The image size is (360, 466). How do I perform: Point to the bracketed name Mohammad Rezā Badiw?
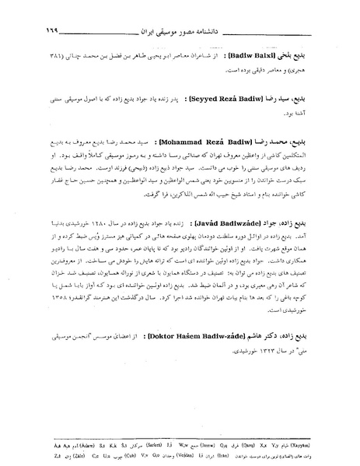224,144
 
